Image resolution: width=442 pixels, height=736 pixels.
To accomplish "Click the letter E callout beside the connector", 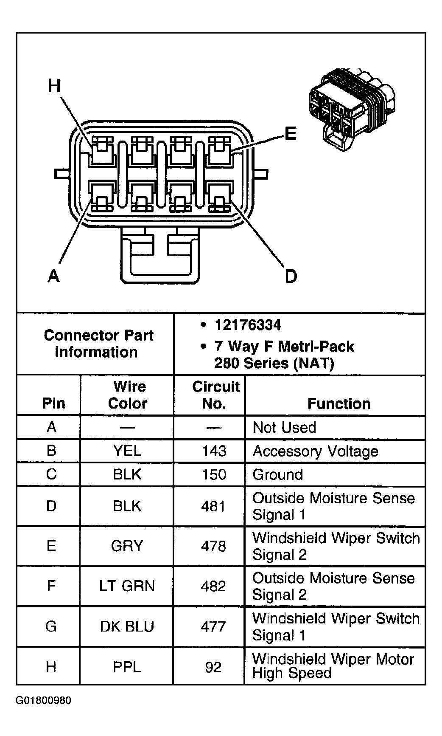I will pyautogui.click(x=290, y=134).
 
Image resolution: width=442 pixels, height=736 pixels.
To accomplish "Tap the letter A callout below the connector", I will pyautogui.click(x=53, y=276).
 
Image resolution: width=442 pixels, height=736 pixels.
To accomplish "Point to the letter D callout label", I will pyautogui.click(x=291, y=276).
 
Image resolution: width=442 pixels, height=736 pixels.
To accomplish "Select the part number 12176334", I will pyautogui.click(x=248, y=325).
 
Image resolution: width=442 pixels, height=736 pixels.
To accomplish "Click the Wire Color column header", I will pyautogui.click(x=127, y=395).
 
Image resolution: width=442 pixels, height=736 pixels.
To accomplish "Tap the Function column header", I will pyautogui.click(x=338, y=403).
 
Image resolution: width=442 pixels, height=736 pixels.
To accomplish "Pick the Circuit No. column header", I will pyautogui.click(x=215, y=395).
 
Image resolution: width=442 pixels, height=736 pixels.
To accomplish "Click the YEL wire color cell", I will pyautogui.click(x=127, y=451).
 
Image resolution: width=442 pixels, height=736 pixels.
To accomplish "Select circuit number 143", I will pyautogui.click(x=214, y=451).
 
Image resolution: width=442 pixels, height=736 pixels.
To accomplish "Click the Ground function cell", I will pyautogui.click(x=277, y=474).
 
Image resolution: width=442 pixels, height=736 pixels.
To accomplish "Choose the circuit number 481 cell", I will pyautogui.click(x=214, y=506).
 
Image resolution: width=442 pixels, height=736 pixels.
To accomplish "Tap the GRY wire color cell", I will pyautogui.click(x=127, y=546).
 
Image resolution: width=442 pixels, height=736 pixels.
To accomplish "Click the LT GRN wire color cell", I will pyautogui.click(x=127, y=586).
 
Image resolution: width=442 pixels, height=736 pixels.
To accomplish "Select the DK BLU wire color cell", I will pyautogui.click(x=127, y=626).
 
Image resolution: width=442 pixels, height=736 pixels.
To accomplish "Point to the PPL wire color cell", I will pyautogui.click(x=127, y=667).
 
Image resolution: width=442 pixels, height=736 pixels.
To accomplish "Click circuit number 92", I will pyautogui.click(x=213, y=667).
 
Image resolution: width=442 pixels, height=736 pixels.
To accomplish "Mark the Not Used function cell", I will pyautogui.click(x=284, y=427).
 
